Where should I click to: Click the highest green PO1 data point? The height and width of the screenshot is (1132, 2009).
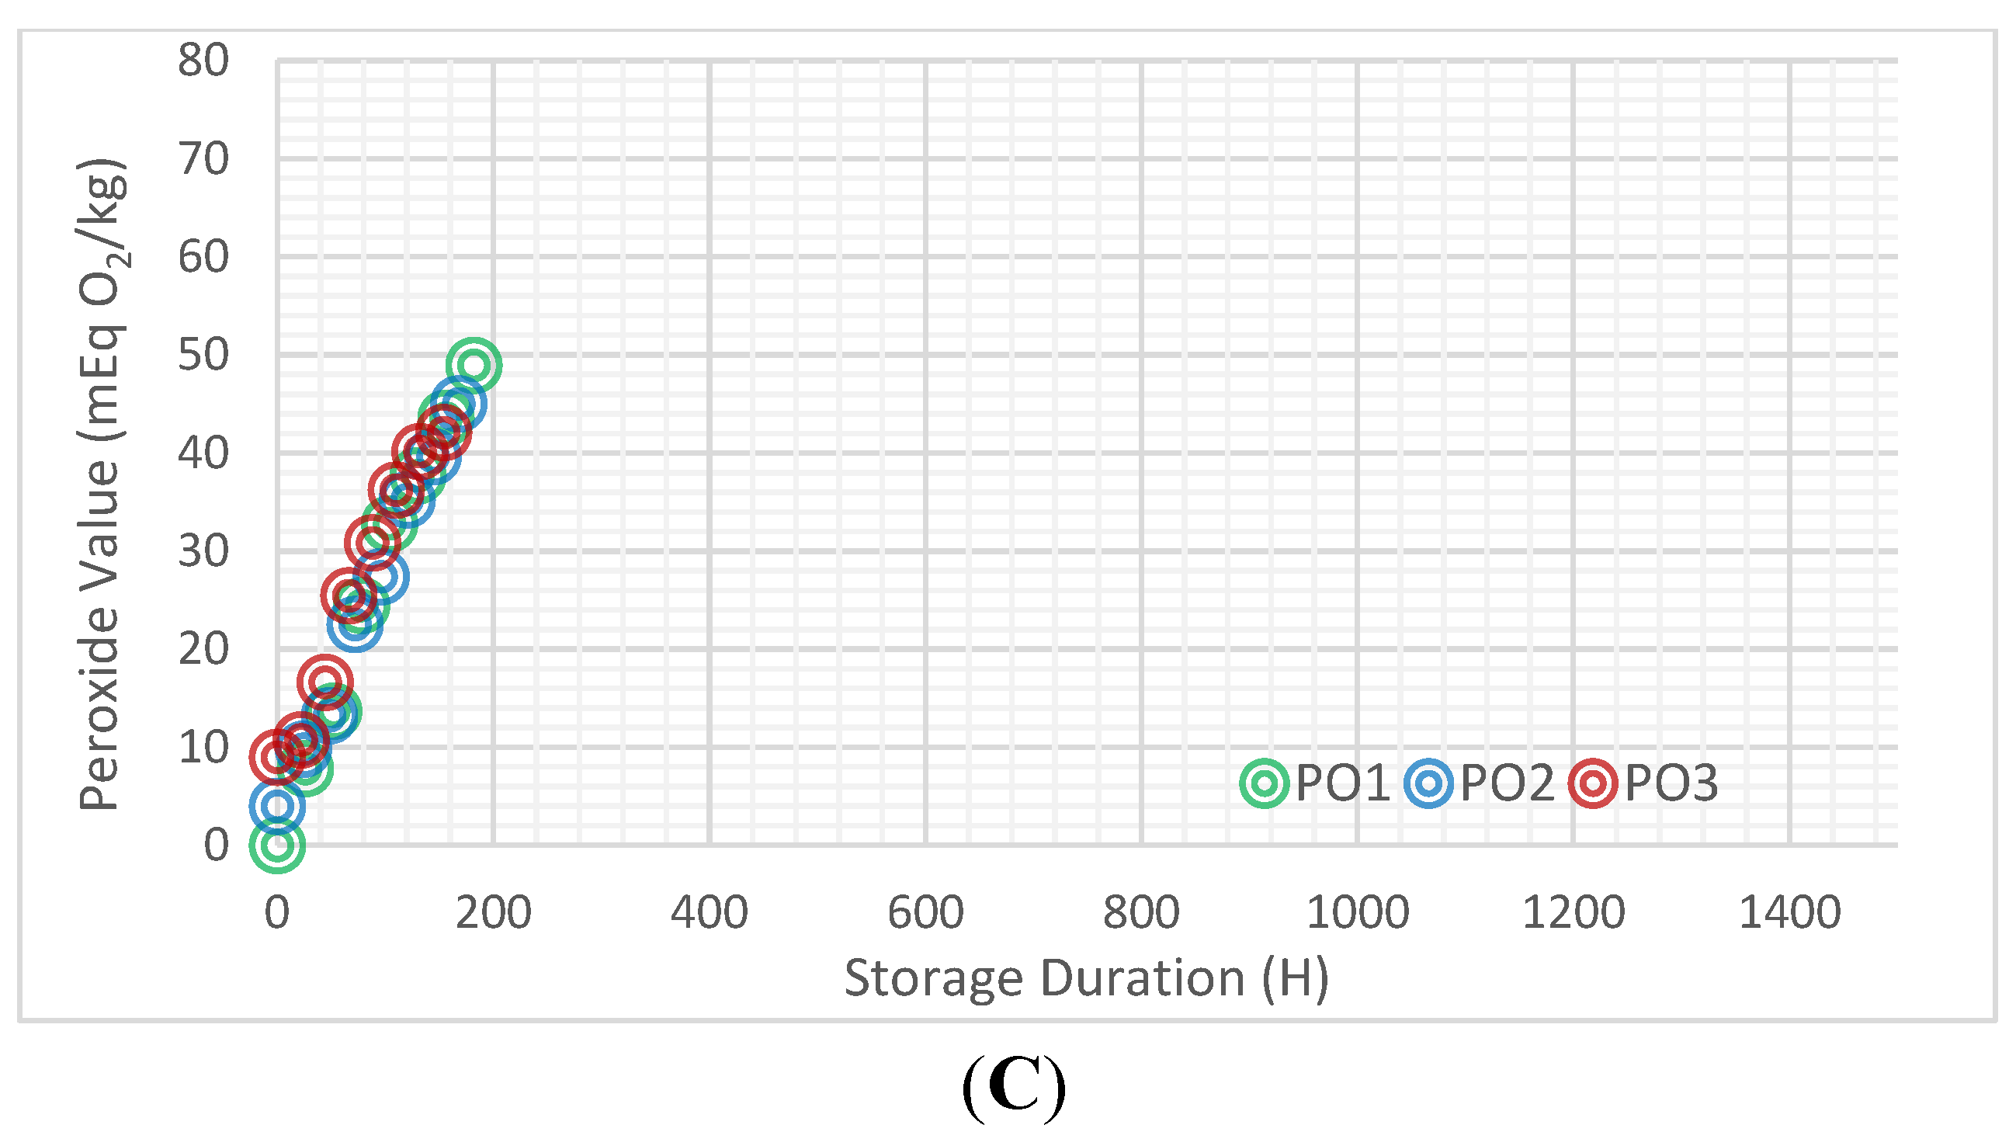[474, 365]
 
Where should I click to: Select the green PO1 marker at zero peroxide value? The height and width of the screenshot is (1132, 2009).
[277, 845]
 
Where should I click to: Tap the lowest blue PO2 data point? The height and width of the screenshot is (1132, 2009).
[277, 806]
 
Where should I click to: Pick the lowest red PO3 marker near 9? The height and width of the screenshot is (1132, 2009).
[276, 757]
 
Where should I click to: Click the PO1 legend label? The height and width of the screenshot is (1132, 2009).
[1342, 783]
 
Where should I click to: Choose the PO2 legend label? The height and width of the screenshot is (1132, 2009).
[1507, 783]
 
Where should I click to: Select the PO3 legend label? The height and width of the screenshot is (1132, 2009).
[1671, 783]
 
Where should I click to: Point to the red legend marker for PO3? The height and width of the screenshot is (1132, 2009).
[1593, 783]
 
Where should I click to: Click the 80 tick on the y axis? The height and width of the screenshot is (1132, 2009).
[203, 60]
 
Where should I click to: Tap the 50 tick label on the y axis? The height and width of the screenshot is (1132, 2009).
[203, 355]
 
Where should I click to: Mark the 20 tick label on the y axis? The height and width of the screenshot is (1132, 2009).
[203, 649]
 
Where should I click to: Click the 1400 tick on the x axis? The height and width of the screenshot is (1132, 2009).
[1790, 912]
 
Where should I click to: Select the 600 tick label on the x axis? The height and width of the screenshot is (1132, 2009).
[926, 912]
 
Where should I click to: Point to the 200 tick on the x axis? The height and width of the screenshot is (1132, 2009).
[493, 912]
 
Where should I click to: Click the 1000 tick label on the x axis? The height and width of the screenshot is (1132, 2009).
[1358, 912]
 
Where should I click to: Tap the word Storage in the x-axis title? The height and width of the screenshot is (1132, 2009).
[933, 978]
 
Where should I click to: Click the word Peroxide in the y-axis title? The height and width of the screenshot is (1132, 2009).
[100, 706]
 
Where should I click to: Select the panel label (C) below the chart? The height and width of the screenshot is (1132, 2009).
[1014, 1087]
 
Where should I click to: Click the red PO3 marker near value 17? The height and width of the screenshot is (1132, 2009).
[324, 681]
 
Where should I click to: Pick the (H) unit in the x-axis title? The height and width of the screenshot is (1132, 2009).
[1295, 978]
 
